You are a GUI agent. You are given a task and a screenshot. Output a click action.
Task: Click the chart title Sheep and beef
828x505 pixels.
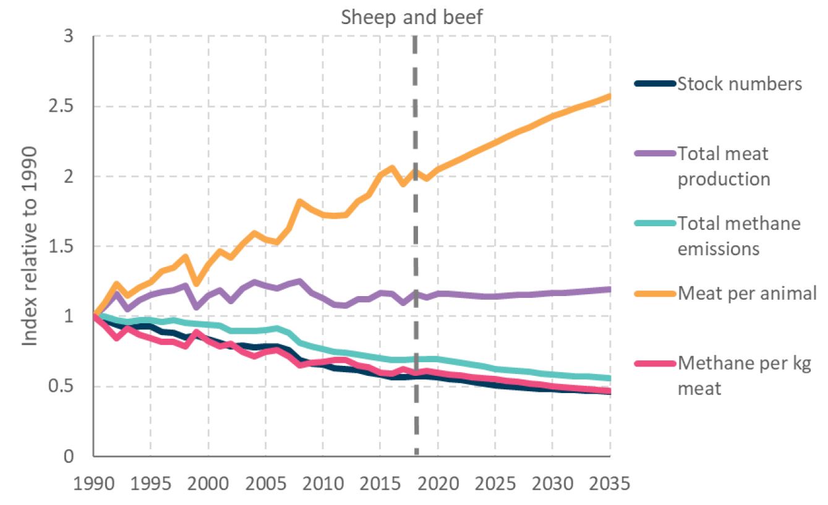[x=412, y=17]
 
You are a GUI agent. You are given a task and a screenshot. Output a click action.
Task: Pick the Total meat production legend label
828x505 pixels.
[x=723, y=166]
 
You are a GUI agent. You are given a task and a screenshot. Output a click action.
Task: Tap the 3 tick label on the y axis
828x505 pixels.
[x=69, y=36]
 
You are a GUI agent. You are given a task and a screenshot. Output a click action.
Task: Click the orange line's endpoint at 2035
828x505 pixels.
[x=610, y=96]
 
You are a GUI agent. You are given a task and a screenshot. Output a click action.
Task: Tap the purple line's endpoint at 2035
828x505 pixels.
[x=610, y=289]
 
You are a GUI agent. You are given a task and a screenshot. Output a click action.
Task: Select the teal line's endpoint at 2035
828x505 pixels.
[x=610, y=378]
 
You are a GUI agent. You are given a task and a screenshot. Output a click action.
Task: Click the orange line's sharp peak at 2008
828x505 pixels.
[x=300, y=202]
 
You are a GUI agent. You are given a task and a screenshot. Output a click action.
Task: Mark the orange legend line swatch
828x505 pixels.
[x=655, y=293]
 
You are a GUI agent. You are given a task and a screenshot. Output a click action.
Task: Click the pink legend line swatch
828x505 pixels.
[x=655, y=363]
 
